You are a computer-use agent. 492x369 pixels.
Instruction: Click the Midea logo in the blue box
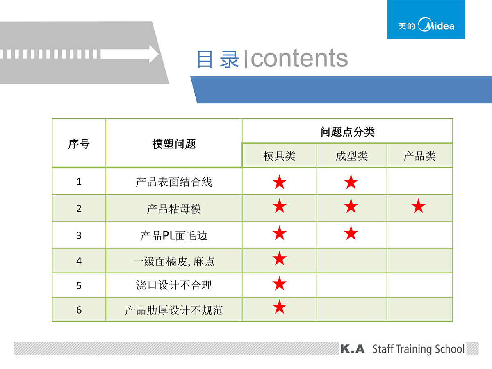426,25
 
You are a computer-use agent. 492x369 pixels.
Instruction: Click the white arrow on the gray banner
130,54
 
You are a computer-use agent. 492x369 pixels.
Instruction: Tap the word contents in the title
299,58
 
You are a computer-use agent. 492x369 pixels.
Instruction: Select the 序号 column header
79,144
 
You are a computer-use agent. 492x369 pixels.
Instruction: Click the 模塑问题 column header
174,144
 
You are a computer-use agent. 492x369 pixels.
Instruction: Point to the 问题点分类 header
347,132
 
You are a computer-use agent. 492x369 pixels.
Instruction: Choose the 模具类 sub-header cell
279,156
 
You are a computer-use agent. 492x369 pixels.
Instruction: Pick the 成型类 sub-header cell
352,156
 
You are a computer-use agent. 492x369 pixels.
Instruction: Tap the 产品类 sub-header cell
419,156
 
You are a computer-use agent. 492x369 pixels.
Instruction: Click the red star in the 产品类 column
418,206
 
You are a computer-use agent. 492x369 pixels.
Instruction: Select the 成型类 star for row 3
351,233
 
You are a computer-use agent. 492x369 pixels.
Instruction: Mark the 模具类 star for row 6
280,307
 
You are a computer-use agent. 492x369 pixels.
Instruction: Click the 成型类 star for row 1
351,182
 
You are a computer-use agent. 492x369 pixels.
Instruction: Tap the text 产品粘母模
174,209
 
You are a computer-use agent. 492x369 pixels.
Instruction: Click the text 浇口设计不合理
174,285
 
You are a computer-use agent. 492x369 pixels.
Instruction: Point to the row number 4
79,261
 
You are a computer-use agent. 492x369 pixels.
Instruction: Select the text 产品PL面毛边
174,236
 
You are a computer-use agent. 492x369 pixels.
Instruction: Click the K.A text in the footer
352,349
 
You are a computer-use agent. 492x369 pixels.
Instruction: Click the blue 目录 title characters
218,59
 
